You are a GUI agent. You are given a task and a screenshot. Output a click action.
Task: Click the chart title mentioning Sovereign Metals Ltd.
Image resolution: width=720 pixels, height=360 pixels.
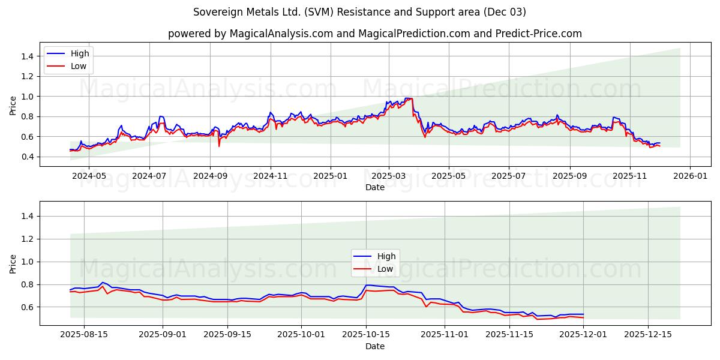pos(359,12)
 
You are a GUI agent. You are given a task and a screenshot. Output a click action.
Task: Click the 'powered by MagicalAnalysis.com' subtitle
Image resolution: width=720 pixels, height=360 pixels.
pos(374,34)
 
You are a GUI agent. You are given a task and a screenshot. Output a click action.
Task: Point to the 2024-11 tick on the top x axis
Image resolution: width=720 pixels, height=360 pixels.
pos(271,177)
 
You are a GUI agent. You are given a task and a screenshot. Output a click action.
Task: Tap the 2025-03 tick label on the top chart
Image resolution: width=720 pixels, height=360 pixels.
pos(389,177)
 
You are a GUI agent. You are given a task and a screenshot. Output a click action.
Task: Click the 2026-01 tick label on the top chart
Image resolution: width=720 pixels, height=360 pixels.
pos(689,177)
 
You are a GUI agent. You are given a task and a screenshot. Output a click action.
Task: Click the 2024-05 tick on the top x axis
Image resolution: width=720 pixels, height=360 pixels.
pos(89,177)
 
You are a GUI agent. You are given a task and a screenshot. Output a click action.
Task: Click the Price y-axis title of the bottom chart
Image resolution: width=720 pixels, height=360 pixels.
pos(13,263)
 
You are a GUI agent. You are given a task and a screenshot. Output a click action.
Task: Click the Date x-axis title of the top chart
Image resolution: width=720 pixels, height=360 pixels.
pos(374,187)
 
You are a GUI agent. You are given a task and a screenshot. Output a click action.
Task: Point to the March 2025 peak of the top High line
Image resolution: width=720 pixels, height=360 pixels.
pos(408,98)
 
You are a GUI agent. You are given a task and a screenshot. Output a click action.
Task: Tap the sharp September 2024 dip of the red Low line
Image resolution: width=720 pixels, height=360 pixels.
pos(219,146)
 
